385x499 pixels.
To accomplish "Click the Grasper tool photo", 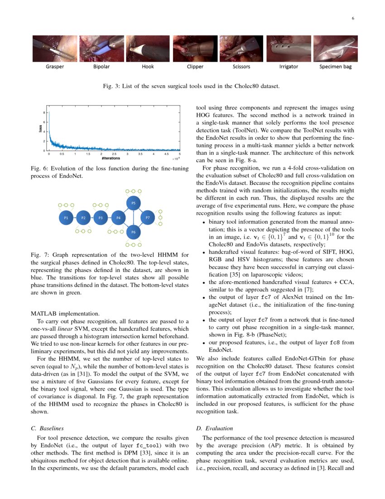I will click(55, 49).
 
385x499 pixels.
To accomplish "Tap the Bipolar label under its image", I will click(101, 67).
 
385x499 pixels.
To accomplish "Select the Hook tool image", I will click(148, 49).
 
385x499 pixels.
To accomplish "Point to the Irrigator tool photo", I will click(288, 49).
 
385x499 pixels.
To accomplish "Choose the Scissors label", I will click(242, 67).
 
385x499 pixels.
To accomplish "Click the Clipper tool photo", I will click(195, 49).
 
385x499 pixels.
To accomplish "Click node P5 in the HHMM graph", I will click(133, 203).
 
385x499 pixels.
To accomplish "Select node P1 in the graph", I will click(66, 218).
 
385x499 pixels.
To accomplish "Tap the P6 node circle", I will click(133, 233).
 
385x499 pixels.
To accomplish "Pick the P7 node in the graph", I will click(148, 218).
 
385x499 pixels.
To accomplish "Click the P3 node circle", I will click(101, 218).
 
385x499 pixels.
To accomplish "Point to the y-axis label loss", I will click(41, 129).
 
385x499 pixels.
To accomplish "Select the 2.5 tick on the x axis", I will click(115, 154).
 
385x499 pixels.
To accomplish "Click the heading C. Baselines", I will click(51, 428).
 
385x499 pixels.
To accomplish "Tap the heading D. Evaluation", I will click(214, 428).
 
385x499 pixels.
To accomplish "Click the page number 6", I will click(352, 18).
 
